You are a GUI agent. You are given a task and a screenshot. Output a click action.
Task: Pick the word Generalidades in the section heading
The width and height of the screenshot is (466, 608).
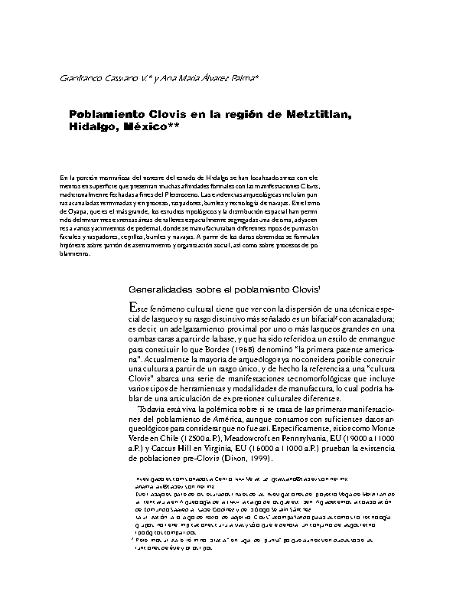[x=162, y=291]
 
